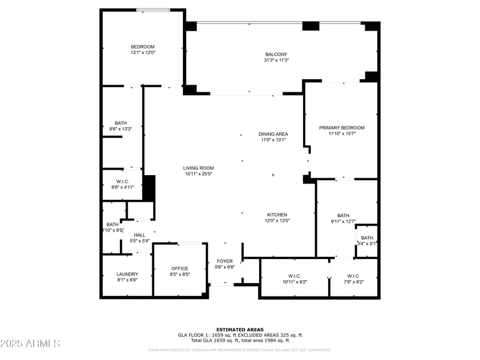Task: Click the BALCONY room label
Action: point(277,54)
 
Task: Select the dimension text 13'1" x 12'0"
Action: point(143,53)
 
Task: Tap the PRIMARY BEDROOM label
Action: point(341,128)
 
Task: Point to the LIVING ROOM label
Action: point(199,168)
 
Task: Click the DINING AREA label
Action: point(273,134)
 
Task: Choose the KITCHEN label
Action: point(277,215)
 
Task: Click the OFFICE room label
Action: point(180,269)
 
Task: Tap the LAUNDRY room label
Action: point(127,274)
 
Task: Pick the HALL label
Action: point(139,235)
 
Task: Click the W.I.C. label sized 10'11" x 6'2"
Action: point(294,276)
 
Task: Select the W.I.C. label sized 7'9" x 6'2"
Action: point(352,276)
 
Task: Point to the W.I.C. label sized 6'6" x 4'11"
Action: point(122,181)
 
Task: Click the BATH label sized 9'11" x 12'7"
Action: point(343,215)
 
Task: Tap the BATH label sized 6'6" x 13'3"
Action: point(121,123)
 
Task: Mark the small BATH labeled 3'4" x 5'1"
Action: point(367,238)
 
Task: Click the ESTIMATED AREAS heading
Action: point(239,329)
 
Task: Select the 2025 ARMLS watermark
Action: point(30,344)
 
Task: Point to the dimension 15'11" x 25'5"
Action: point(199,174)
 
